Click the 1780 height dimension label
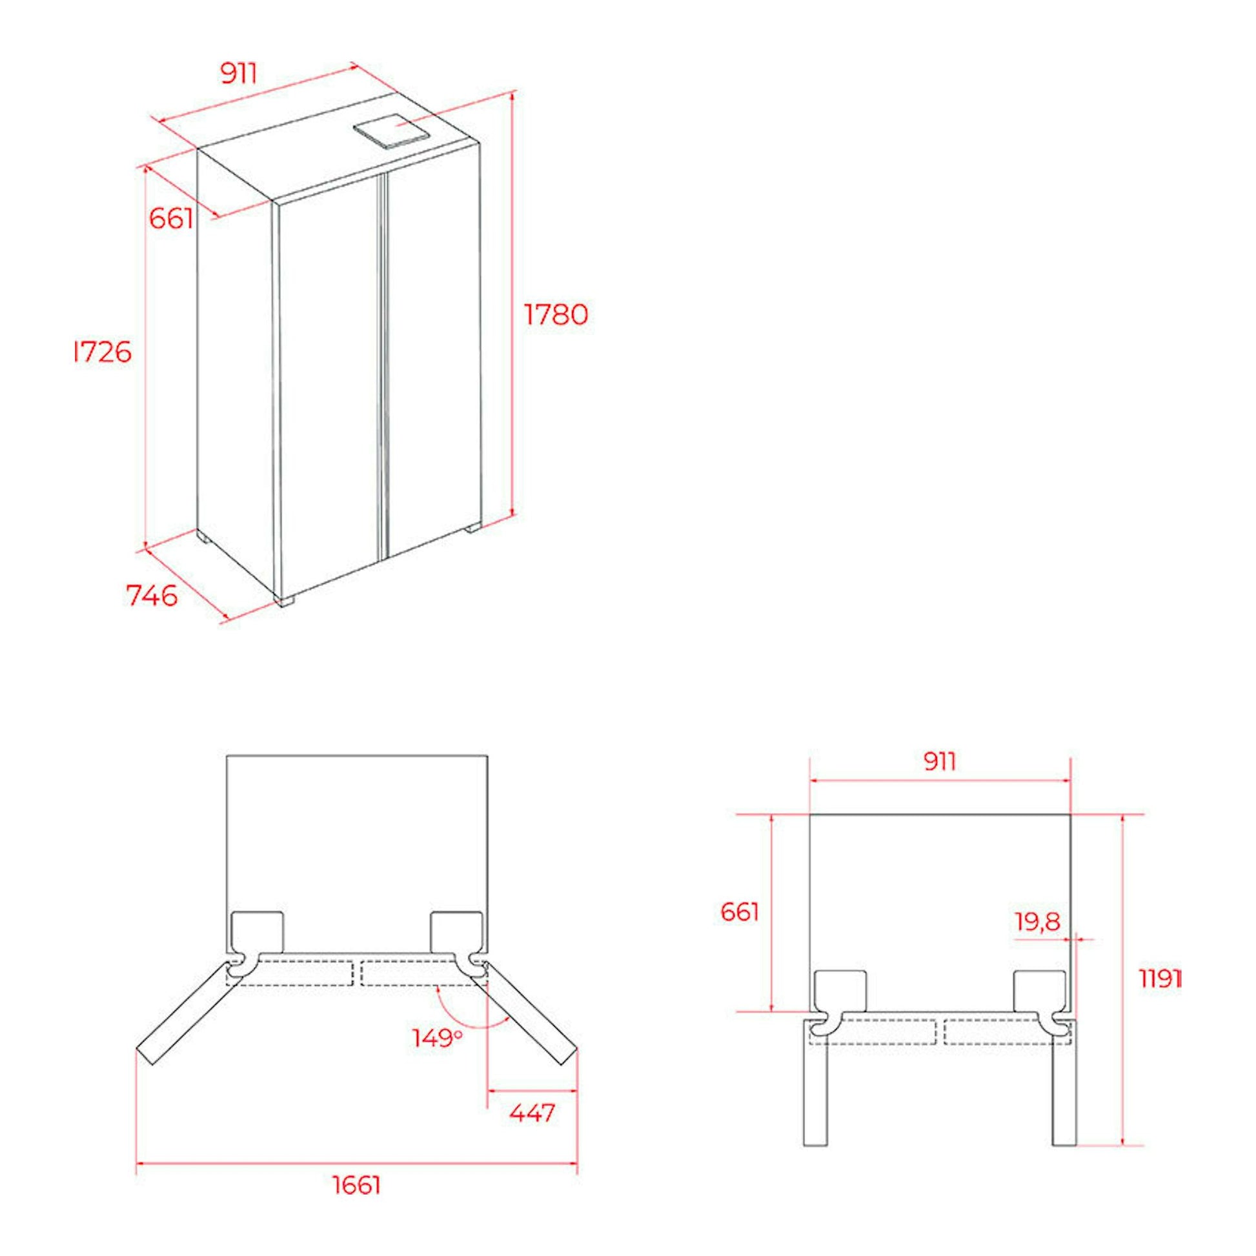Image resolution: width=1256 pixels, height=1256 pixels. [556, 315]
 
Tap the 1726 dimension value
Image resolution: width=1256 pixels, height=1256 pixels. [103, 352]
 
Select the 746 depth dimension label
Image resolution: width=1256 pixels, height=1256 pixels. [152, 596]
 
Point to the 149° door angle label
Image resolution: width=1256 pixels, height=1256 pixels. [438, 1038]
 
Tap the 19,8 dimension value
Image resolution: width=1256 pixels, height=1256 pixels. [1038, 921]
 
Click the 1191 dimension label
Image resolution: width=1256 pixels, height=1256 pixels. [1160, 997]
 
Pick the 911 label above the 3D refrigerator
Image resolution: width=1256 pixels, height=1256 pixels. [239, 74]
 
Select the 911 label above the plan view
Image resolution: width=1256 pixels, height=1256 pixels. [939, 760]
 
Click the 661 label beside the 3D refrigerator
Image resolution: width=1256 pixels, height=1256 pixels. [171, 218]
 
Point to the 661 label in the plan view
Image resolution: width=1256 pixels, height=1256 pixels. [740, 912]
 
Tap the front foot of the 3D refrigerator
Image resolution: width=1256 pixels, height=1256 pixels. [284, 601]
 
